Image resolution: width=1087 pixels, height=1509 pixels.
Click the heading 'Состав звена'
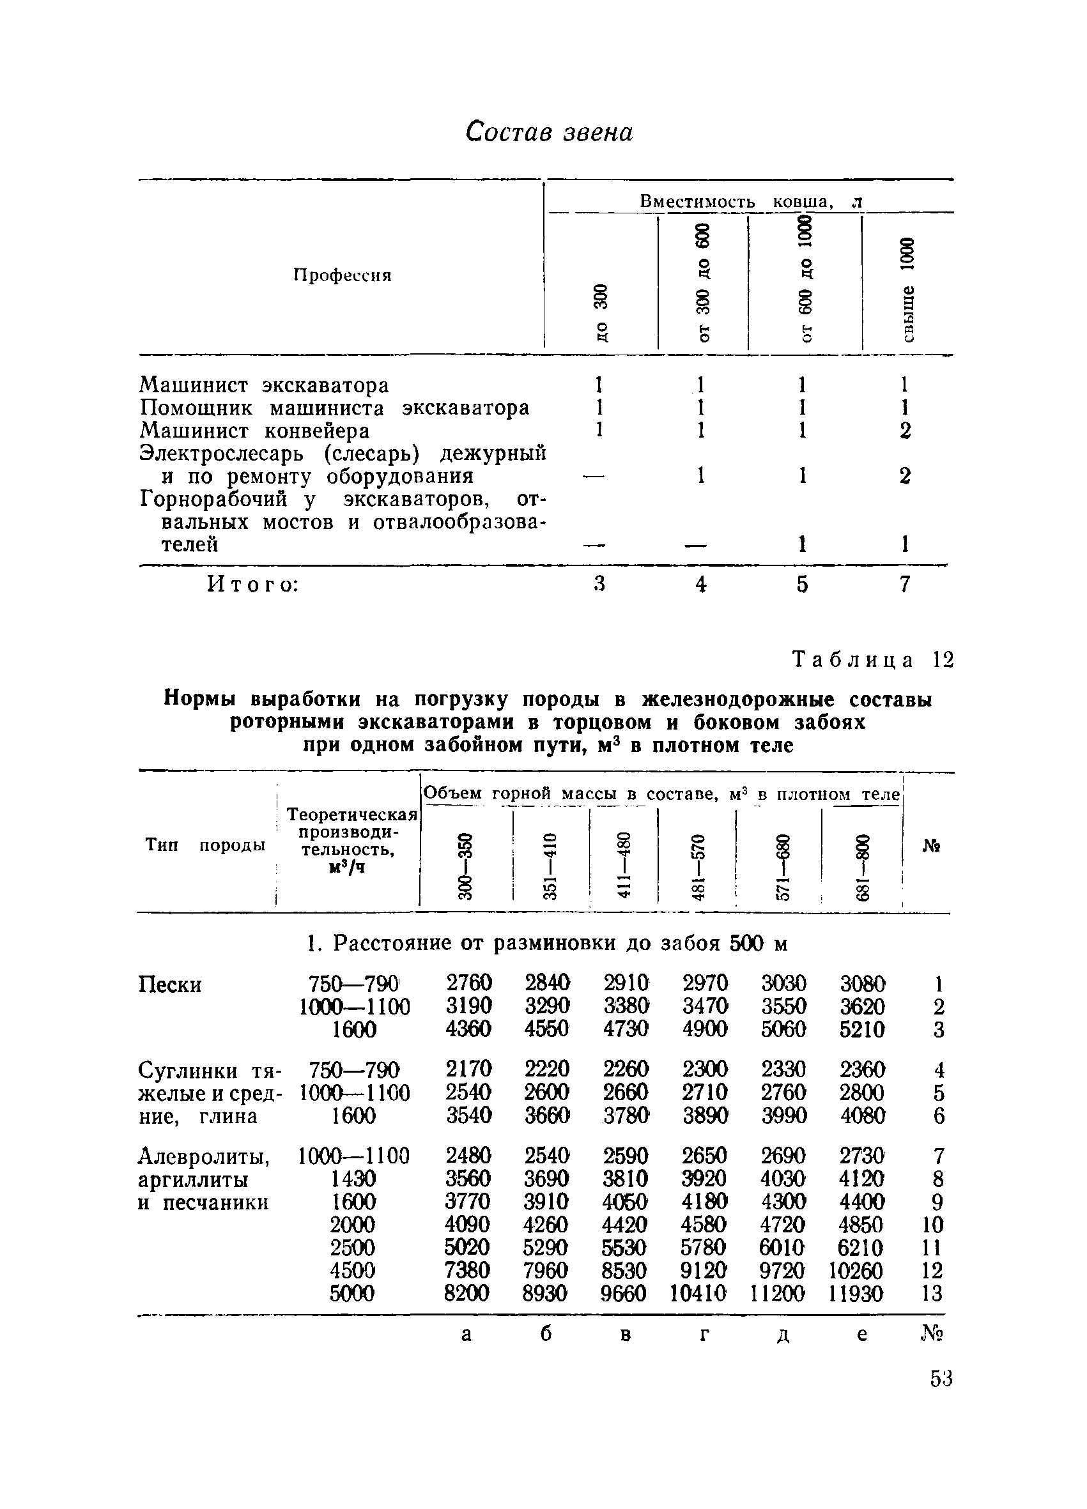pyautogui.click(x=549, y=132)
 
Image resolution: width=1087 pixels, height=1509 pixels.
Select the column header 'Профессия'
pyautogui.click(x=342, y=275)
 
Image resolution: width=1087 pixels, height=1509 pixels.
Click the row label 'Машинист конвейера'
pyautogui.click(x=254, y=431)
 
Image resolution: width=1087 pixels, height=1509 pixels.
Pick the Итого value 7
pyautogui.click(x=904, y=584)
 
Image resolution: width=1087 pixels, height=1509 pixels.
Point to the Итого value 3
pyautogui.click(x=599, y=584)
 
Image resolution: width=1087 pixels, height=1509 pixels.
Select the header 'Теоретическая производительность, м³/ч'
pyautogui.click(x=351, y=841)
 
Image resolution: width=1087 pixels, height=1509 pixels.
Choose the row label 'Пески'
pyautogui.click(x=170, y=984)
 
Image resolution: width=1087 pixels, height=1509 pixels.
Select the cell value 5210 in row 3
pyautogui.click(x=863, y=1029)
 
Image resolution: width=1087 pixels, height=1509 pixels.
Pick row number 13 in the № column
pyautogui.click(x=932, y=1294)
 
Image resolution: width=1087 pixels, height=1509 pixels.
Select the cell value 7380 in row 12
pyautogui.click(x=468, y=1270)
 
